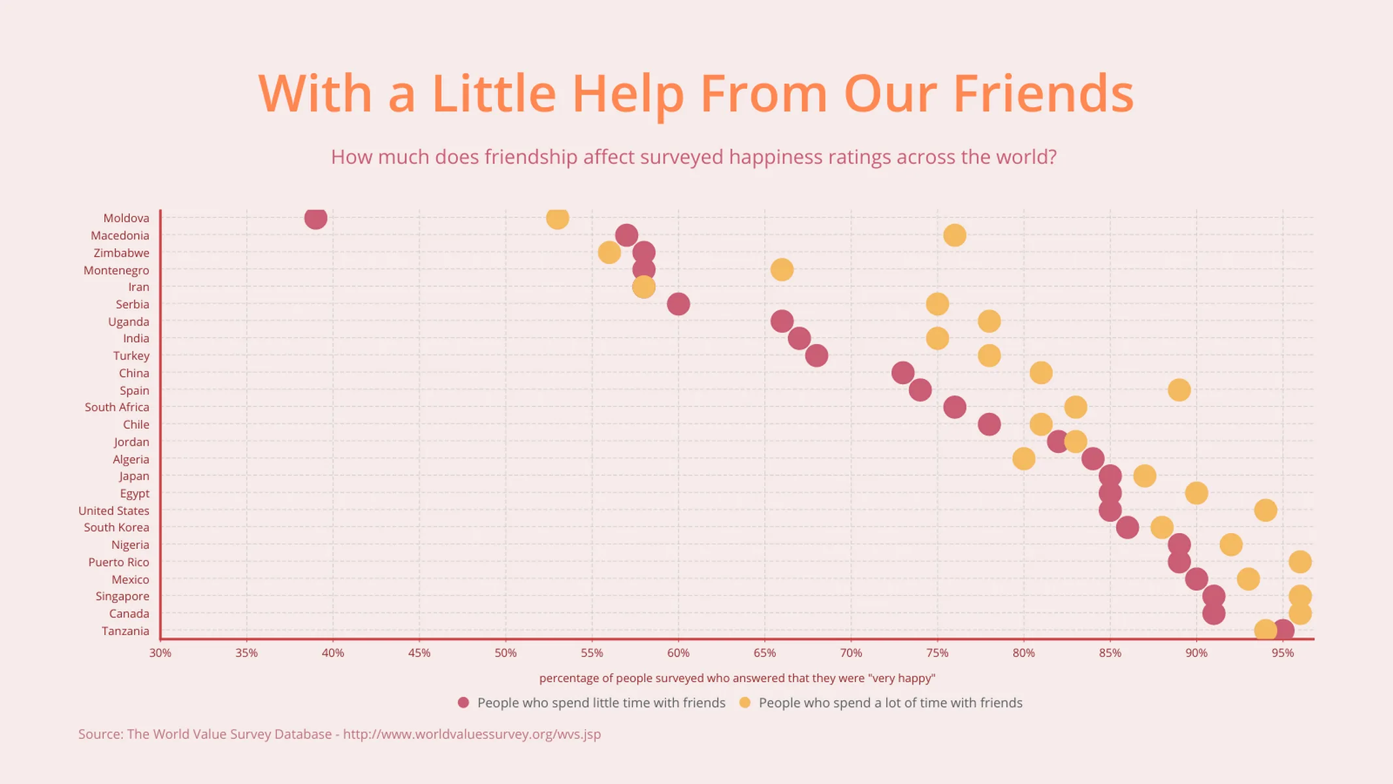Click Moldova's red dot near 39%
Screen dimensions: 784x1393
click(315, 218)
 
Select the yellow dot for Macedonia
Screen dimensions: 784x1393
click(954, 235)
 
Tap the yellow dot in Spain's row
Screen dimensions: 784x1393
click(1179, 390)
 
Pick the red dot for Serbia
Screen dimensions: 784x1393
click(678, 304)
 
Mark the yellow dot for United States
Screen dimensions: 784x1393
click(1265, 510)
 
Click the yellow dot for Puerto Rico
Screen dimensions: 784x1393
click(1300, 562)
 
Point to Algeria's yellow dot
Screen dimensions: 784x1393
click(1023, 459)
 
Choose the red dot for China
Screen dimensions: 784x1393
click(903, 373)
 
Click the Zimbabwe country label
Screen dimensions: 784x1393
click(121, 253)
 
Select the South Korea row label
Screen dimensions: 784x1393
click(116, 527)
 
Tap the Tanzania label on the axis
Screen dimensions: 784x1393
click(125, 631)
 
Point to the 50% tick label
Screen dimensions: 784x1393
click(505, 653)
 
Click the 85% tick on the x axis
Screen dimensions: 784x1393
click(1110, 653)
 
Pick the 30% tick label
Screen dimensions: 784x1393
click(160, 653)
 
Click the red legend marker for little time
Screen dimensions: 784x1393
click(464, 702)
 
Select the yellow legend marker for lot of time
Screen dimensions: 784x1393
click(745, 702)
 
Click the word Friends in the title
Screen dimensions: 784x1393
click(1043, 93)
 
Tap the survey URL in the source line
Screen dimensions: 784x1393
click(472, 734)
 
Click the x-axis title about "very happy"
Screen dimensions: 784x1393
click(737, 678)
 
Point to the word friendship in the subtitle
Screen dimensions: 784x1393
click(531, 157)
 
